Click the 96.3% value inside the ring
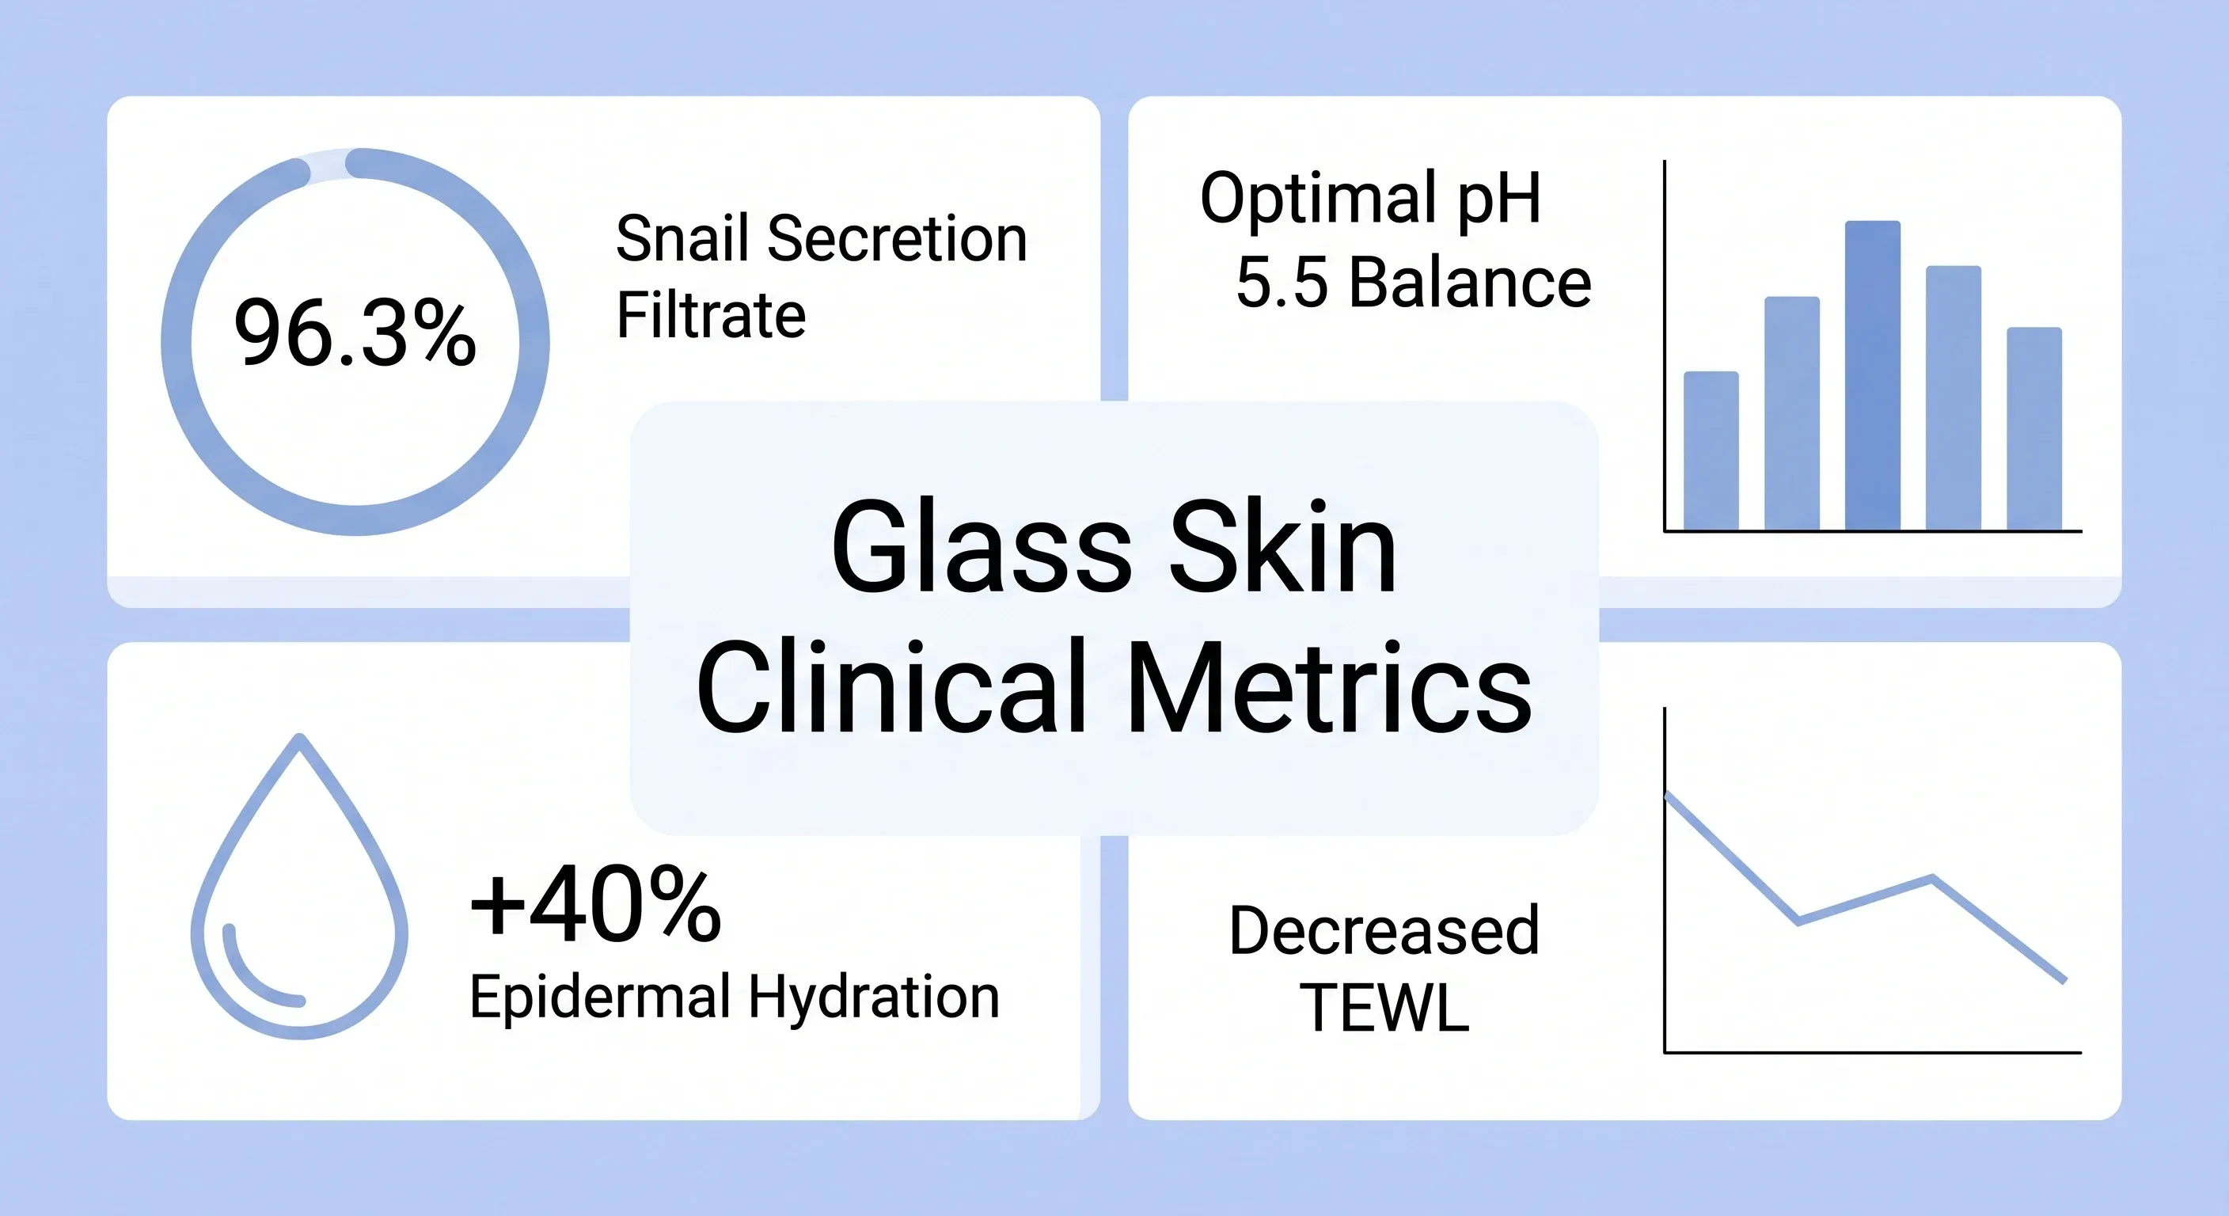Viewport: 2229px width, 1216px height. tap(355, 333)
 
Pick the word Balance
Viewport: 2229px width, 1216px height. tap(1470, 282)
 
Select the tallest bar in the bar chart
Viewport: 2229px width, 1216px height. tap(1873, 375)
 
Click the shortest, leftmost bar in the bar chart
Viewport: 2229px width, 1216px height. tap(1711, 451)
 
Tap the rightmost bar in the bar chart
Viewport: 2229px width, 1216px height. tap(2034, 428)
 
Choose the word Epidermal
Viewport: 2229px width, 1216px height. tap(601, 999)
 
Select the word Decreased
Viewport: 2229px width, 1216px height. tap(1384, 931)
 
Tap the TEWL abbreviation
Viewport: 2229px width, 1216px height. tap(1384, 1008)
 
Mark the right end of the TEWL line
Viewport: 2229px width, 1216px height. tap(2064, 982)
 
